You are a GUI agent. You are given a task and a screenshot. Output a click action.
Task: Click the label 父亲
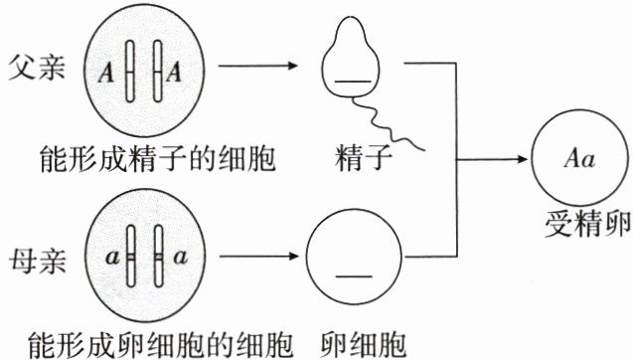[x=37, y=67]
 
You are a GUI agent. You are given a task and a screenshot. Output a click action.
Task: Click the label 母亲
[x=37, y=261]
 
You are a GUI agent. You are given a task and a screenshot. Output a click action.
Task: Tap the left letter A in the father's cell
[x=106, y=74]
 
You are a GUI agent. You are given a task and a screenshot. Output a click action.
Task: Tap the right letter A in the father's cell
[x=174, y=73]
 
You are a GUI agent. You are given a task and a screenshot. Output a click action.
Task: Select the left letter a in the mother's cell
[x=112, y=258]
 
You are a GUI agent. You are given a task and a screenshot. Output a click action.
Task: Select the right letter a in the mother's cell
[x=180, y=257]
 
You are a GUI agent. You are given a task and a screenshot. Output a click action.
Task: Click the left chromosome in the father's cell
[x=129, y=72]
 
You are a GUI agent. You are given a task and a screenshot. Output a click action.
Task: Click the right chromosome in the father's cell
[x=157, y=71]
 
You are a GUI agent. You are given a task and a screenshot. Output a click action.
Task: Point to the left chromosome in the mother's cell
[x=131, y=257]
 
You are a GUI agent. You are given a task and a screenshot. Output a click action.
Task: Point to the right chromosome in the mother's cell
[x=159, y=257]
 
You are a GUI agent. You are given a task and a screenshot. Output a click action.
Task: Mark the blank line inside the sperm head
[x=353, y=82]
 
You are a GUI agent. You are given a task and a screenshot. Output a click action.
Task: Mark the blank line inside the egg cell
[x=354, y=276]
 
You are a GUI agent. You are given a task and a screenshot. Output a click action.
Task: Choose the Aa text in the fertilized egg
[x=579, y=158]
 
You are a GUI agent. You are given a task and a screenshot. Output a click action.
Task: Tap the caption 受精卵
[x=587, y=224]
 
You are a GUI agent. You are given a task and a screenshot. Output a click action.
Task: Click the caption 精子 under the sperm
[x=363, y=158]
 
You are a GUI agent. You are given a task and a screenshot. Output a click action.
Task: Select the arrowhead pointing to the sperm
[x=293, y=66]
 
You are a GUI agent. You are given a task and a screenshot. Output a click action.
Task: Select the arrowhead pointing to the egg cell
[x=293, y=257]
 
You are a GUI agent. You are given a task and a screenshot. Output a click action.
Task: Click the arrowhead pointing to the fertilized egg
[x=523, y=159]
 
